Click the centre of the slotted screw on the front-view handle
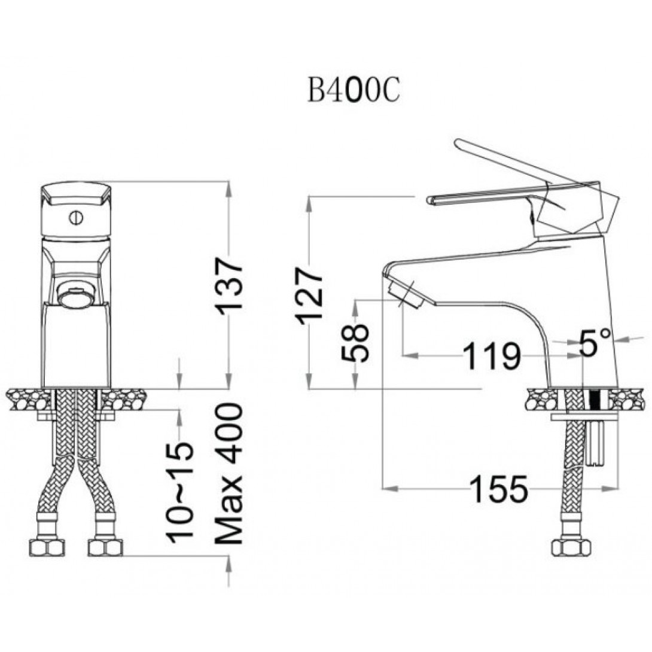(76, 218)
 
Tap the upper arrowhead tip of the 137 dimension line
(228, 182)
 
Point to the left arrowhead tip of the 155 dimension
(383, 488)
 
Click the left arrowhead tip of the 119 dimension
(403, 355)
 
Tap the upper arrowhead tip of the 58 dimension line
(355, 300)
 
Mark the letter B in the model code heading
(316, 91)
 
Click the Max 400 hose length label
(228, 474)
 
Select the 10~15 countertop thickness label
(180, 493)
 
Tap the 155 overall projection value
(499, 489)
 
